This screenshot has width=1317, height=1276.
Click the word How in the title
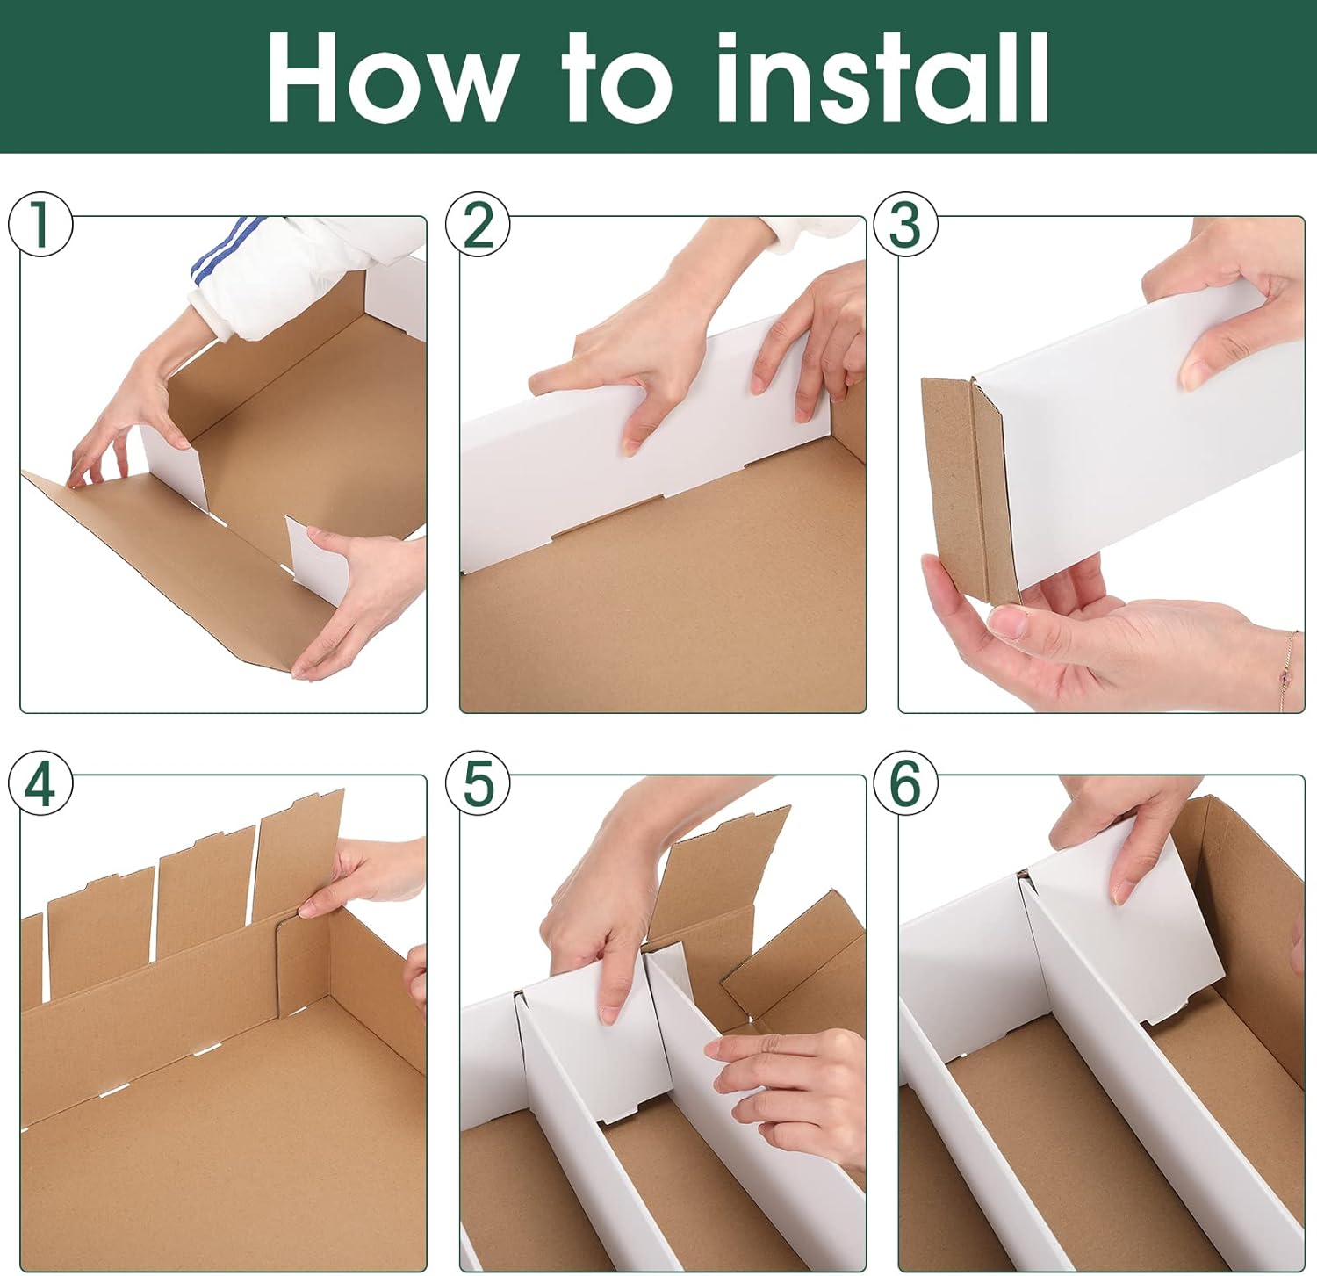pos(391,77)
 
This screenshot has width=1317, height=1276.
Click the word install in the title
pos(882,76)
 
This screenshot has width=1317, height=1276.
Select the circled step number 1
pos(40,224)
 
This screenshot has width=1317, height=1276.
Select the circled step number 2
pos(478,225)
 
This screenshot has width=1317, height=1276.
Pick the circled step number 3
pos(905,224)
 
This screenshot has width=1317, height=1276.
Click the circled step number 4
pos(40,782)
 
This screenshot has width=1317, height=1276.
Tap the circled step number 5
pos(478,782)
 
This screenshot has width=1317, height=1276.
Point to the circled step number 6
pos(905,782)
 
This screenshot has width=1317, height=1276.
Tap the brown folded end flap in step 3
pos(970,490)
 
